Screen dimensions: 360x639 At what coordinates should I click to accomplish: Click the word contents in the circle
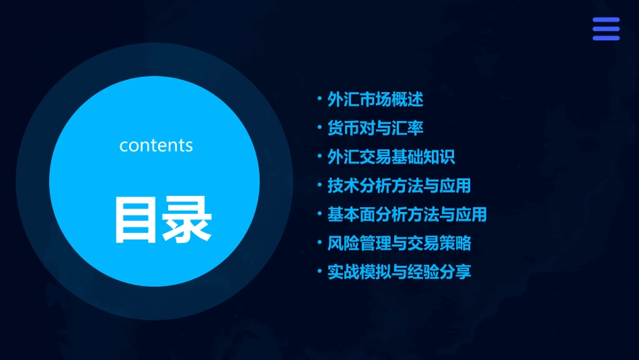point(156,145)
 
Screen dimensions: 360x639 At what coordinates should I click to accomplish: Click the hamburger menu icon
point(606,29)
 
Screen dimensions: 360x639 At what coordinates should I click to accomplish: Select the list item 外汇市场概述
point(375,100)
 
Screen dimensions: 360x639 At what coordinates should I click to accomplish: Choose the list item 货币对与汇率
point(375,128)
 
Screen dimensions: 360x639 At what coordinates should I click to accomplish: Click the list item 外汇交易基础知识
point(391,157)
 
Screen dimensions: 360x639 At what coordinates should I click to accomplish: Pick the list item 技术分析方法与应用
point(399,185)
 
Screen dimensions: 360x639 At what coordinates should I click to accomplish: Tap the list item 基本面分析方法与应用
point(406,215)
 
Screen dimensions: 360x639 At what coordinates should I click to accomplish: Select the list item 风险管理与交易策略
point(399,243)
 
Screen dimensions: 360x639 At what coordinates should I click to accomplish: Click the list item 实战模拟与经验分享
point(399,272)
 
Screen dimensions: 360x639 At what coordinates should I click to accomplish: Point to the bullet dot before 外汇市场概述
point(319,100)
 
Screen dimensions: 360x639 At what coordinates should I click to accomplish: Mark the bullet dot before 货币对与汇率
point(319,128)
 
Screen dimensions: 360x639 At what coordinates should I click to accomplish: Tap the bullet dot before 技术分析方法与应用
point(319,185)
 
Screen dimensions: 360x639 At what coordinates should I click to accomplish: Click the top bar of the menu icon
point(606,20)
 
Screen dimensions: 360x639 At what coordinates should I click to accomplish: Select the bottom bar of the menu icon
point(606,38)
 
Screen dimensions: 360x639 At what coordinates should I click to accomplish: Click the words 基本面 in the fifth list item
point(350,215)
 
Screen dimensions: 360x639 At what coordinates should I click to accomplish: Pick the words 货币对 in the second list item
point(350,128)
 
